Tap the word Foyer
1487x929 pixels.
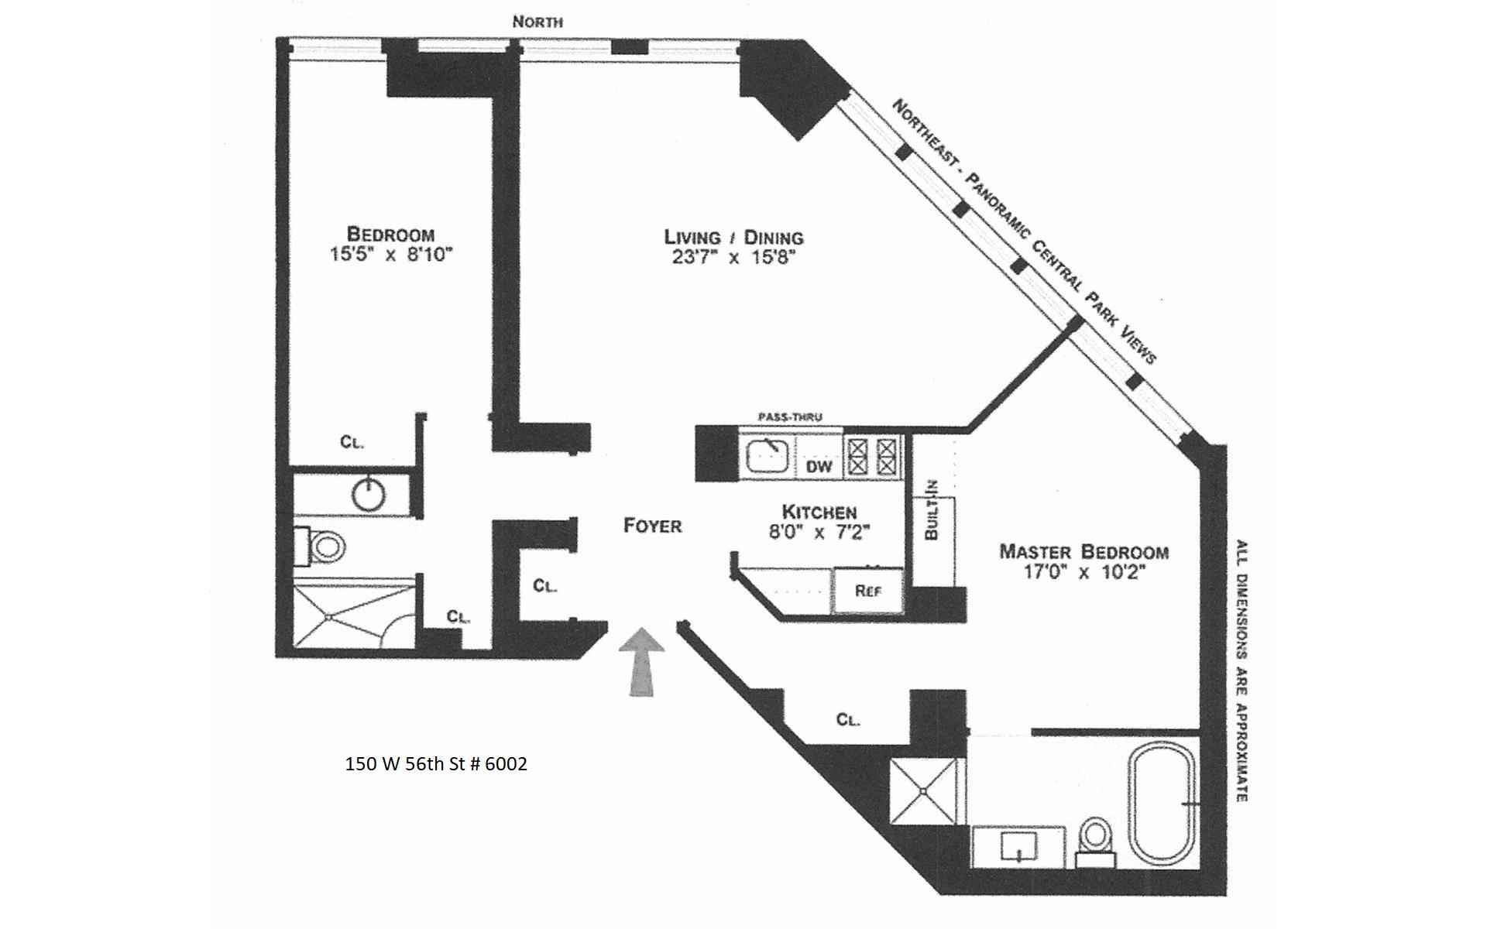(653, 526)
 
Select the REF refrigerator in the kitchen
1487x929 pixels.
(868, 591)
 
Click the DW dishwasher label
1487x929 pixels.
(819, 466)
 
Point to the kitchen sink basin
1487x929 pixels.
(767, 456)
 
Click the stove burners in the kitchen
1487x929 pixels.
(873, 456)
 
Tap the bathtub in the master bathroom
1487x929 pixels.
(1164, 802)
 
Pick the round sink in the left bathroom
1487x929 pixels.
(368, 495)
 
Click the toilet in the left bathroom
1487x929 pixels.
(324, 547)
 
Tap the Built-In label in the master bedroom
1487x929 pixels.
(932, 510)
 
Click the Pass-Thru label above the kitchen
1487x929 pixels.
(789, 417)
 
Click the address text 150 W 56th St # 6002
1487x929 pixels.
(436, 764)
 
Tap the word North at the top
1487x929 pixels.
(537, 22)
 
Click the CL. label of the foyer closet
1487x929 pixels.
(545, 586)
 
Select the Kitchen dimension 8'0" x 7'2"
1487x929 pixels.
(819, 532)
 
